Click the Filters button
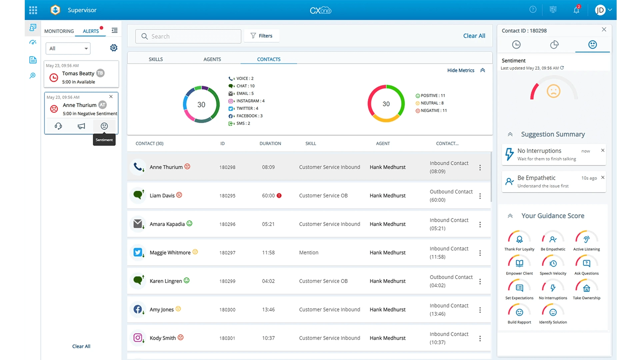pos(262,36)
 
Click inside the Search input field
pos(188,36)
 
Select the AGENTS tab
pos(212,59)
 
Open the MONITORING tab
pos(59,31)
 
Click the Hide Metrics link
pos(461,70)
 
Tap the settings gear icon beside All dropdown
pos(114,48)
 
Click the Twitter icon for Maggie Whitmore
pos(138,252)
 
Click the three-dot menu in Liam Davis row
pos(480,196)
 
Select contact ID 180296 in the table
pos(227,224)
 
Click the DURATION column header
pos(270,144)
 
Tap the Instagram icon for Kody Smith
pos(138,338)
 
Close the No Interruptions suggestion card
pos(603,150)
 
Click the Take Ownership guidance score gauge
pos(586,288)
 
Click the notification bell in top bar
pos(576,10)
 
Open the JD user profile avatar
pos(600,10)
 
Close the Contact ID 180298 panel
pos(604,30)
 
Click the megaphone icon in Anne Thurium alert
pos(81,126)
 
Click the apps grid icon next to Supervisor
pos(33,10)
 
